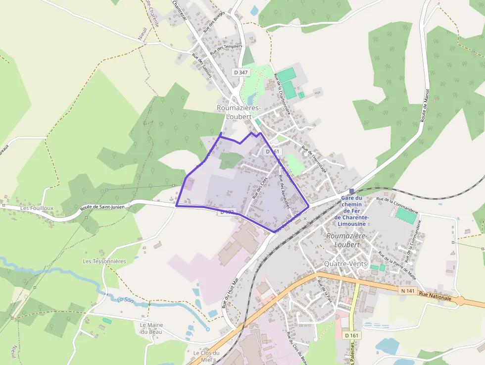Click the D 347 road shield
point(241,72)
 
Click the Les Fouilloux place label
point(37,209)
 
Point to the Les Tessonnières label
point(104,261)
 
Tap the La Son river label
point(126,300)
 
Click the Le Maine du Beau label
point(151,328)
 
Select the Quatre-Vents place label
point(345,264)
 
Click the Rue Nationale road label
point(435,296)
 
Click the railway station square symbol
point(351,191)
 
